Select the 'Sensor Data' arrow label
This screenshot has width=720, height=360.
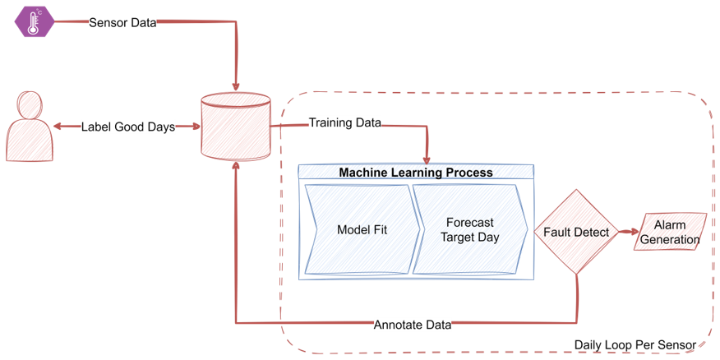pyautogui.click(x=122, y=22)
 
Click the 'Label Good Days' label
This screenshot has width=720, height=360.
pyautogui.click(x=127, y=127)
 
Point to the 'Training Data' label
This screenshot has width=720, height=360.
pyautogui.click(x=344, y=123)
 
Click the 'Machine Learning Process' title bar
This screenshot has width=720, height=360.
pyautogui.click(x=416, y=172)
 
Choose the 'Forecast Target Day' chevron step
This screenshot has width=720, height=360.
pyautogui.click(x=469, y=229)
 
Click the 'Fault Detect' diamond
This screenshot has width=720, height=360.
pyautogui.click(x=576, y=233)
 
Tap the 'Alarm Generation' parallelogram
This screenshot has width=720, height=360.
pyautogui.click(x=669, y=233)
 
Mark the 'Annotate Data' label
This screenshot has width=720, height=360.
pyautogui.click(x=412, y=325)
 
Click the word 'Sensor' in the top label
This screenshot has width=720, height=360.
pyautogui.click(x=108, y=22)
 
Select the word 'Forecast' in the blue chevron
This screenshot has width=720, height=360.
pyautogui.click(x=470, y=222)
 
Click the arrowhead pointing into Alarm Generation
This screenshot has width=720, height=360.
pyautogui.click(x=631, y=233)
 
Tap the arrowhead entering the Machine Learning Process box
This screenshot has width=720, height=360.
pyautogui.click(x=427, y=159)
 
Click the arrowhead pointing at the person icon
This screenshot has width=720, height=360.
pyautogui.click(x=59, y=127)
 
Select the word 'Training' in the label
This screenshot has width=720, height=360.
pyautogui.click(x=330, y=123)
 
